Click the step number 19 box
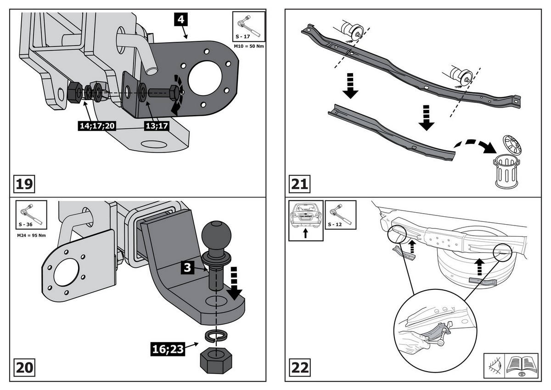pyautogui.click(x=24, y=184)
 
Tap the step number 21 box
pyautogui.click(x=299, y=184)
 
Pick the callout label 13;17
pyautogui.click(x=157, y=125)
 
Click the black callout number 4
pyautogui.click(x=180, y=20)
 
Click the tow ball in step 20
pyautogui.click(x=214, y=237)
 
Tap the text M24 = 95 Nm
pyautogui.click(x=30, y=235)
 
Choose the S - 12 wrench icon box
pyautogui.click(x=341, y=215)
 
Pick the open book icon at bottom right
pyautogui.click(x=521, y=366)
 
